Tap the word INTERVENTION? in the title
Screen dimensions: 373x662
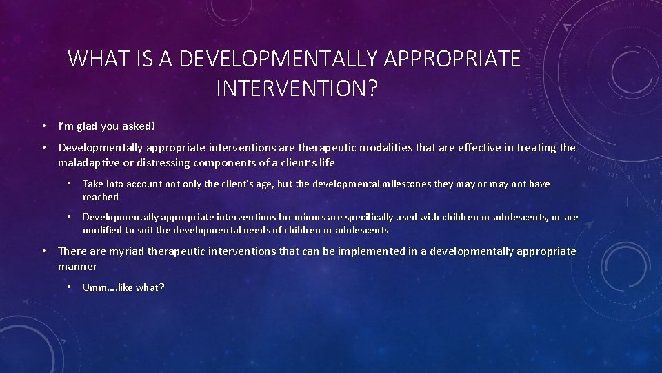[297, 88]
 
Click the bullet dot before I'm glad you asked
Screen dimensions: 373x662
[43, 126]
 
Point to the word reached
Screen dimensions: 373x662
[101, 197]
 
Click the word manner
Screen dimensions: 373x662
[78, 266]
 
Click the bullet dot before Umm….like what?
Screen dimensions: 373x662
[68, 287]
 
